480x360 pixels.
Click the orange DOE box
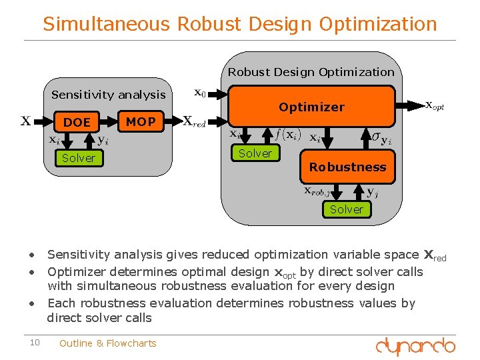tap(77, 122)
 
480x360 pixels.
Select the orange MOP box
tap(141, 121)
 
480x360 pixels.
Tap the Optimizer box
tap(311, 107)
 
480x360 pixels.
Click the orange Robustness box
tap(347, 167)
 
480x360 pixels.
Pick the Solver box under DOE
tap(78, 158)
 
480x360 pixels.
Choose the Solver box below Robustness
tap(346, 209)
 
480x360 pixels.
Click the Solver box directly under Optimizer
tap(255, 153)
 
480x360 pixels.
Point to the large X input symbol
tap(25, 121)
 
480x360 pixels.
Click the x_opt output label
tap(434, 105)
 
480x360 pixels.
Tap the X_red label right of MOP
tap(194, 122)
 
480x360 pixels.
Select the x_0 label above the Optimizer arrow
tap(199, 93)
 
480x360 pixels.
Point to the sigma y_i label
tap(381, 139)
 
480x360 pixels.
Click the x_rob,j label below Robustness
tap(317, 191)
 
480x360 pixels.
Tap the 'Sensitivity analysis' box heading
tap(109, 95)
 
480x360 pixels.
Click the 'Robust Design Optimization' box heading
tap(311, 72)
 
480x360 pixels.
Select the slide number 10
tap(35, 343)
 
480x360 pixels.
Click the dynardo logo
tap(415, 347)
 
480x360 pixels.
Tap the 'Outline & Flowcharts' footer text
tap(107, 343)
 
